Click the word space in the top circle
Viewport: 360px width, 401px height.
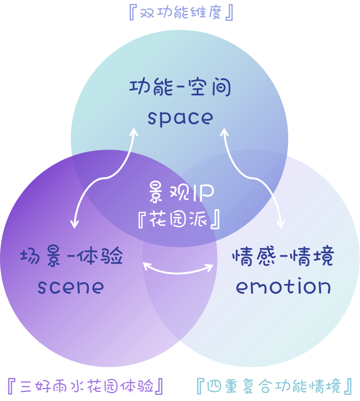tap(180, 118)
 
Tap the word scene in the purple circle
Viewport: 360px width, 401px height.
tap(71, 287)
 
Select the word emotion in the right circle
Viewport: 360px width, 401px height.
tap(283, 287)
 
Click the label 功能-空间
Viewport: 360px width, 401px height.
tap(180, 88)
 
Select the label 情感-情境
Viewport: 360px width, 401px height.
tap(283, 258)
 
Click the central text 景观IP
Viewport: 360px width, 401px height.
tap(180, 192)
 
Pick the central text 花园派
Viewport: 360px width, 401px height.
tap(180, 220)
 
